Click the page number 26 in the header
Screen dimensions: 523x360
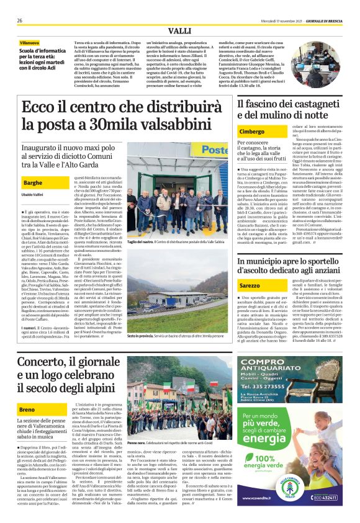coord(20,20)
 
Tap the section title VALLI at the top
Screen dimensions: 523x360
coord(180,30)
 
